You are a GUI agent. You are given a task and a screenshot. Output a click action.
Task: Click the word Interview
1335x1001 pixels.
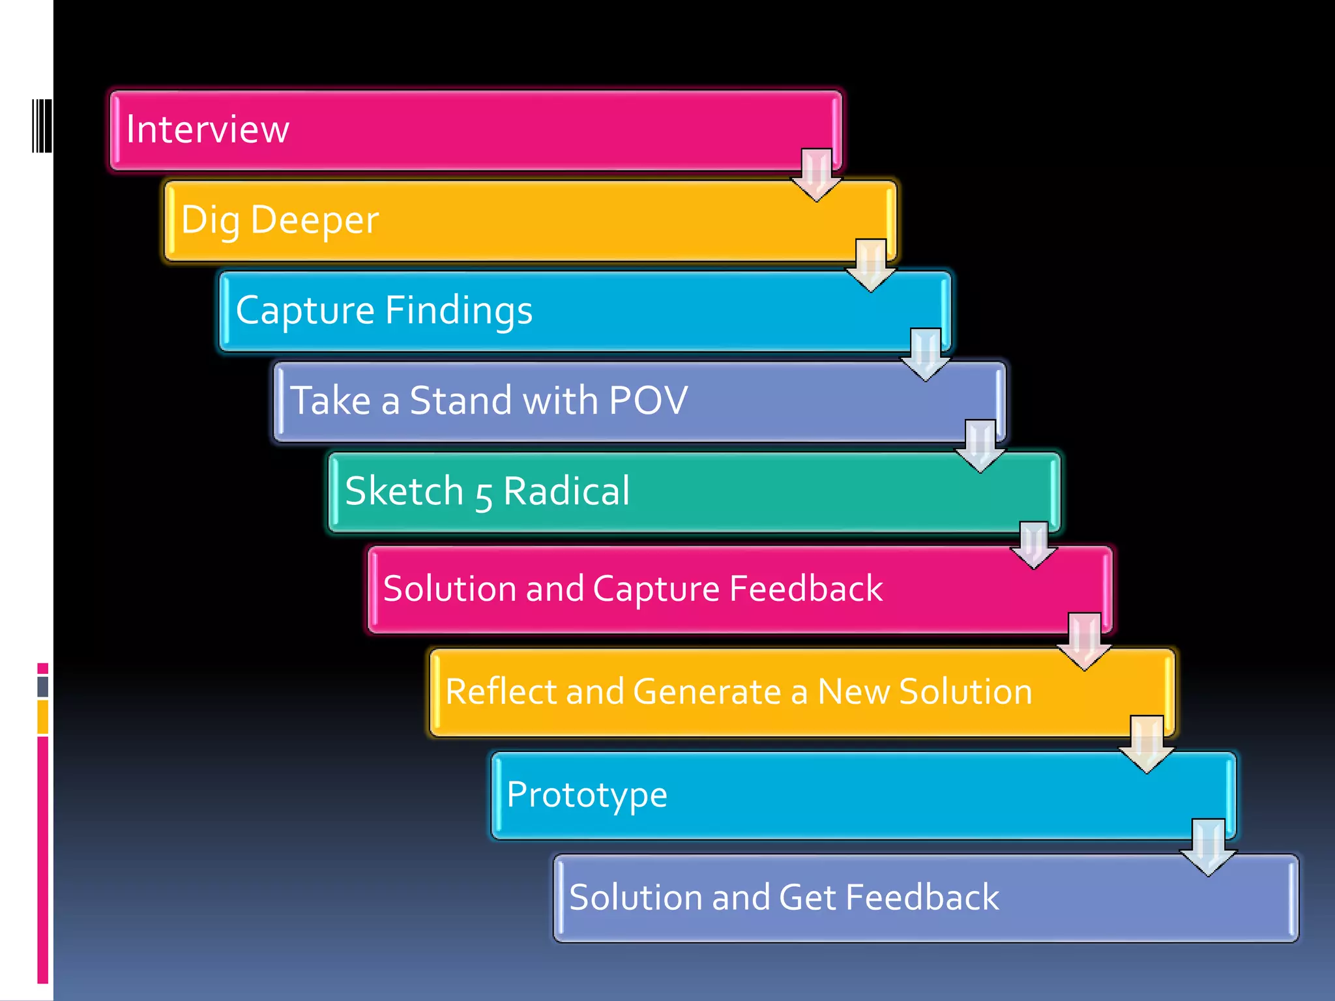pos(207,129)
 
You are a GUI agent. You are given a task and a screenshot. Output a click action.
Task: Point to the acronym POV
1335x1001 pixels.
pos(648,399)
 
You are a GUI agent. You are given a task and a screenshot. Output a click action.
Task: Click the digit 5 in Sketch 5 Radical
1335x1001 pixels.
pos(483,494)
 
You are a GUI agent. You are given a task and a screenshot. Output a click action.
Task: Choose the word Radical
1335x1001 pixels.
pos(566,491)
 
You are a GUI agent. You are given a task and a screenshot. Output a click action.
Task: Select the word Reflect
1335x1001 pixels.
pos(501,691)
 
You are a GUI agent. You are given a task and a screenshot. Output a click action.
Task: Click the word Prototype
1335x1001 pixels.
pos(587,795)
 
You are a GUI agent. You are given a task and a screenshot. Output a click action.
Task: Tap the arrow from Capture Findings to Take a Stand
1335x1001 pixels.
pos(926,355)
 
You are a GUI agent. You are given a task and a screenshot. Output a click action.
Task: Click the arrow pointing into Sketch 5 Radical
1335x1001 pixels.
pos(980,446)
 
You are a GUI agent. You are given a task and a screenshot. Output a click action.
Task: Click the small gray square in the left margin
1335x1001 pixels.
pos(43,686)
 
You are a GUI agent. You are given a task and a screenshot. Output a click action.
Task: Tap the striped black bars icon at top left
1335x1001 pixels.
pos(42,126)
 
